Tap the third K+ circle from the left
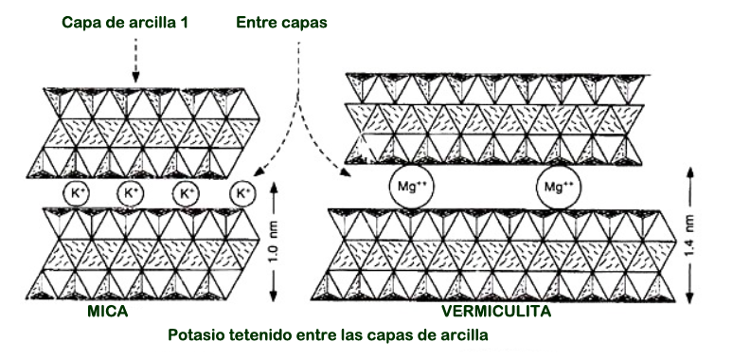(186, 193)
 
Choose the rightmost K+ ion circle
(242, 193)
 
